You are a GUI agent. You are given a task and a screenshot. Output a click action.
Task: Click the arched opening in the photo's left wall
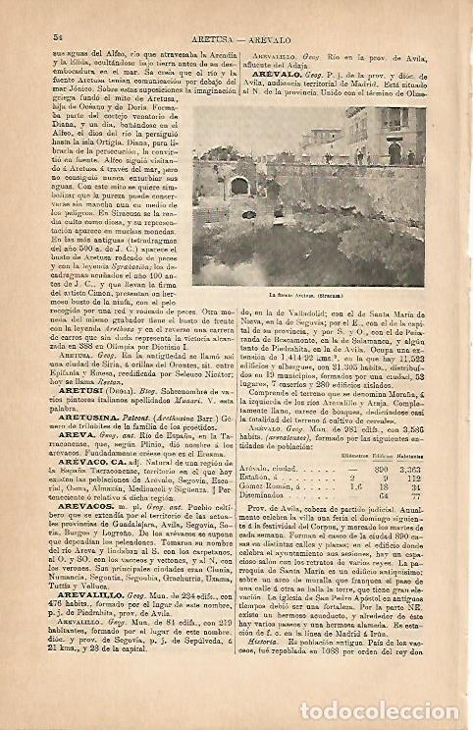pos(239,186)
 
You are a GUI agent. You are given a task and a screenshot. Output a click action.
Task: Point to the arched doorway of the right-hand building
pos(394,154)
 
